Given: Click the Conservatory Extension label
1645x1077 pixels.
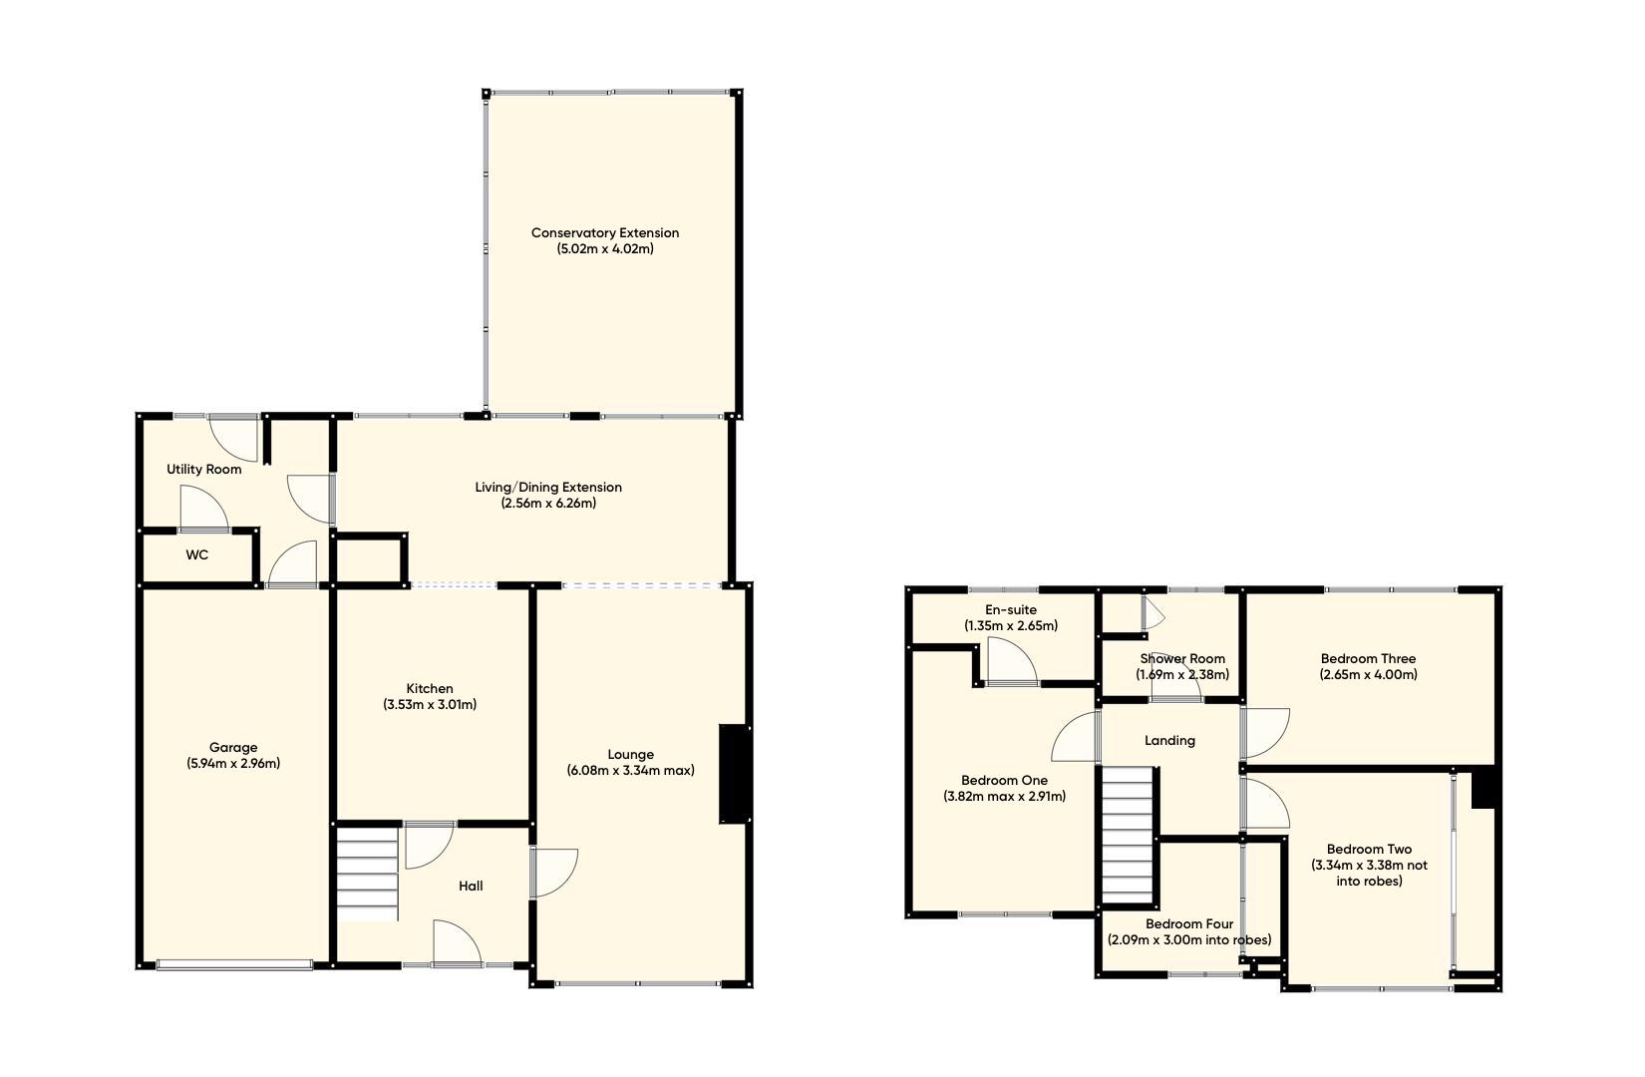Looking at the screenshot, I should point(604,232).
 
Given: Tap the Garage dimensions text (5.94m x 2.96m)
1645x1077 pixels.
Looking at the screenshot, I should point(232,764).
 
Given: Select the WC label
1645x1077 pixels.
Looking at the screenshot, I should point(196,554).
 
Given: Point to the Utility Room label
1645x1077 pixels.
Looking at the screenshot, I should point(203,469).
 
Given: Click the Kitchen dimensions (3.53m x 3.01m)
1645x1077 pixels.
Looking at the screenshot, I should point(429,705).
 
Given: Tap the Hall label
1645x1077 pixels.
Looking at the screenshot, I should point(471,886).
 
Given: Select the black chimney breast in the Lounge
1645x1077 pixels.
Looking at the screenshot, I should point(734,774).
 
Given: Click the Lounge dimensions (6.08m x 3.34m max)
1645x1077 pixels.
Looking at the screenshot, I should point(630,771).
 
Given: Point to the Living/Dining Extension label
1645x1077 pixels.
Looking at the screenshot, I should point(547,487).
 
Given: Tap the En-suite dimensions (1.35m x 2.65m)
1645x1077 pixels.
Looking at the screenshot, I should point(1010,626).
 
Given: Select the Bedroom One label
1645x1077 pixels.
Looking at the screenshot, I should point(1004,780).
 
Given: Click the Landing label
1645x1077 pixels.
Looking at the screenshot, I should point(1169,740).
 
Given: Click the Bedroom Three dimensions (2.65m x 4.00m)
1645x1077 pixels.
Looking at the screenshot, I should point(1368,675).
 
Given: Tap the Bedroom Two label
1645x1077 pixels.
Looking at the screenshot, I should point(1369,850).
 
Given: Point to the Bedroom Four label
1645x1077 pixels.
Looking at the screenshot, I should point(1188,923).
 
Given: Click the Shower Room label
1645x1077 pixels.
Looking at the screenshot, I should point(1181,658).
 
